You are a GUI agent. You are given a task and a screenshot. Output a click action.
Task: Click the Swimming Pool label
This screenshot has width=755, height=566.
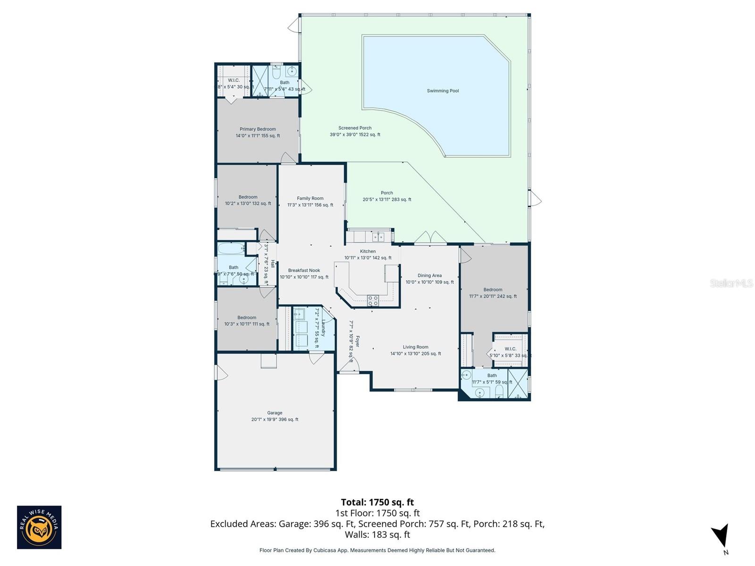[443, 91]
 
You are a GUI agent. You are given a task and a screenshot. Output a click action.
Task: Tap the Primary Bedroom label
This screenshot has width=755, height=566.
[258, 129]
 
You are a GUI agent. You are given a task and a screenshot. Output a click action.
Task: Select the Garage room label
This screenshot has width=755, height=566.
[275, 413]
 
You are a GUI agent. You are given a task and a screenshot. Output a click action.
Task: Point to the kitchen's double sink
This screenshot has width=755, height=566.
[377, 236]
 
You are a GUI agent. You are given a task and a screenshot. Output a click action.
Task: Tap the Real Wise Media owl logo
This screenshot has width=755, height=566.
[39, 527]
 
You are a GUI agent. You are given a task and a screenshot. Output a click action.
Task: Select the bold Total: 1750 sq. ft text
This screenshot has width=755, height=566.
[377, 502]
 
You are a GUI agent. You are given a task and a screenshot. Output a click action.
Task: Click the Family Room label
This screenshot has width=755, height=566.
[310, 199]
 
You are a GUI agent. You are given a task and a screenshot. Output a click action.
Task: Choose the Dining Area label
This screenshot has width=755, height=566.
[429, 275]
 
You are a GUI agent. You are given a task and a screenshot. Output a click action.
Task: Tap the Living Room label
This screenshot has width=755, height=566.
[415, 347]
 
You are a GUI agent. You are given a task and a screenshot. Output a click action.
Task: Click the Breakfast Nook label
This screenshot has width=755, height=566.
[304, 271]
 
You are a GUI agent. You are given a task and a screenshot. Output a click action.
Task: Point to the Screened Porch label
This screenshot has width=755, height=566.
[355, 128]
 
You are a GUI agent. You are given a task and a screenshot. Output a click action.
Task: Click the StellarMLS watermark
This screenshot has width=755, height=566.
[731, 283]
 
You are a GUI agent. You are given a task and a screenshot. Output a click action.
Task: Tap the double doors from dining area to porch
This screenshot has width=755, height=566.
[430, 237]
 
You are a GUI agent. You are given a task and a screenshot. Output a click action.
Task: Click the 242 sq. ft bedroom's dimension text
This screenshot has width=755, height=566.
[493, 296]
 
